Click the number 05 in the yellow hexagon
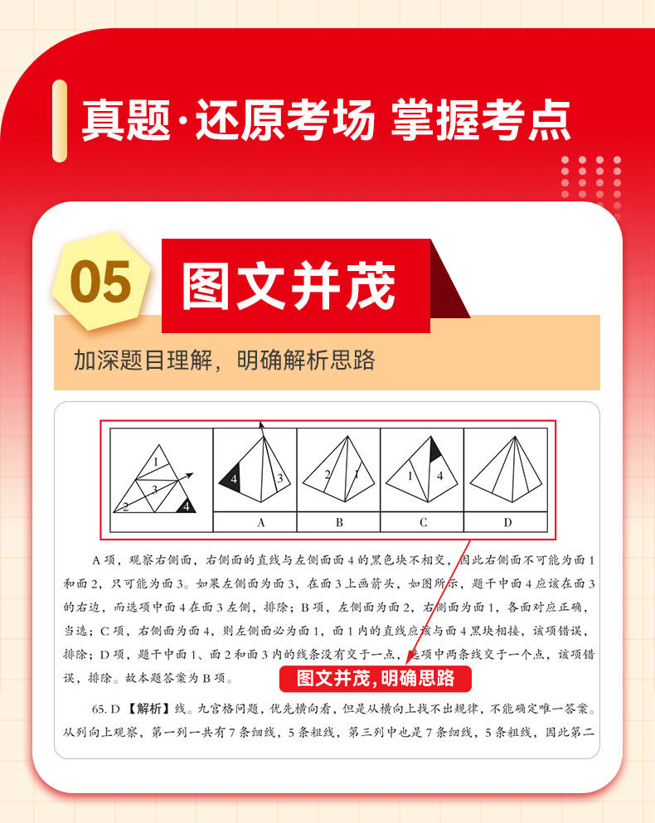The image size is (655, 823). [x=100, y=282]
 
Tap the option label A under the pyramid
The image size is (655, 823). [x=261, y=522]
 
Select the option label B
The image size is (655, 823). [x=339, y=522]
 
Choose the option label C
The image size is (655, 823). [x=424, y=522]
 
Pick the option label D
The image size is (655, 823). [x=507, y=522]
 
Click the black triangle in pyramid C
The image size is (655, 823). [x=435, y=449]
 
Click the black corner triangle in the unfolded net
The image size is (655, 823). [x=185, y=506]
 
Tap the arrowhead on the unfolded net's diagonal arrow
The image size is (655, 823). [x=189, y=476]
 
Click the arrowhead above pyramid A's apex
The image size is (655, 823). [x=261, y=425]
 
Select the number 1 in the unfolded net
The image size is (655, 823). [x=156, y=462]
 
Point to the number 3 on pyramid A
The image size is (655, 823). [x=280, y=478]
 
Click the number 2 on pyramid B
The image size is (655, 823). [x=327, y=475]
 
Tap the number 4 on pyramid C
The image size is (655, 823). [x=439, y=476]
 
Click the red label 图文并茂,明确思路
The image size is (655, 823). [x=376, y=678]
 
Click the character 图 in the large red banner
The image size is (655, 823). [x=206, y=286]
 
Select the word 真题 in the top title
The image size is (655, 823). [x=127, y=120]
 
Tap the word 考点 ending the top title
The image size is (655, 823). [x=526, y=120]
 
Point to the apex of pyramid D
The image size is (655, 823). [x=515, y=437]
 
